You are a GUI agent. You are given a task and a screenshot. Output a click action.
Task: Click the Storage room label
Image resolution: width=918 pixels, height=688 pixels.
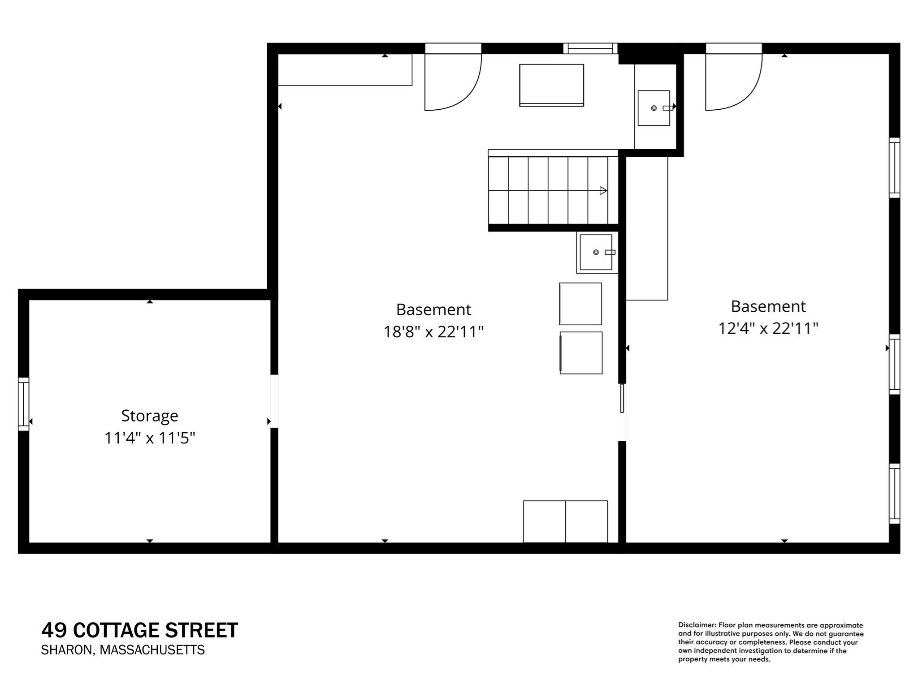(149, 416)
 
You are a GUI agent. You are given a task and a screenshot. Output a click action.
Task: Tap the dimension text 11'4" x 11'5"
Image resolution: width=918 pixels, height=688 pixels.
(150, 438)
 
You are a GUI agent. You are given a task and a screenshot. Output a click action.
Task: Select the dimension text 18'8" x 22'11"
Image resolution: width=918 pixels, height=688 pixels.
(433, 332)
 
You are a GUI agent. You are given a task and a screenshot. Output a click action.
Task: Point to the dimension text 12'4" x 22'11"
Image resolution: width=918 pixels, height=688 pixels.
(768, 328)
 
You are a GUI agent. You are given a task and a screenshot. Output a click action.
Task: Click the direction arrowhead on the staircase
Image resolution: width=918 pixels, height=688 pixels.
(603, 190)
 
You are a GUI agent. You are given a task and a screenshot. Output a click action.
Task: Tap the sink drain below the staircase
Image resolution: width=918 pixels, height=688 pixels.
(596, 252)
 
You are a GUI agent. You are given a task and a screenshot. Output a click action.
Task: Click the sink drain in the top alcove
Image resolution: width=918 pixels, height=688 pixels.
(654, 108)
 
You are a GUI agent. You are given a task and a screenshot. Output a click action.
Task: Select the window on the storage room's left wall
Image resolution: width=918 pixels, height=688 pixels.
(23, 404)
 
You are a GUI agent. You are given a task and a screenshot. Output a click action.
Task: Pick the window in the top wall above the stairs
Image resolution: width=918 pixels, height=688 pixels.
(590, 48)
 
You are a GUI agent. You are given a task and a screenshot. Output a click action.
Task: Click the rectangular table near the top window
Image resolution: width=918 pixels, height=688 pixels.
(551, 85)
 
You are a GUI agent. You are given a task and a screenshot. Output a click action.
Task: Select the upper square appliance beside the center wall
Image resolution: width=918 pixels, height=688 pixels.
(580, 304)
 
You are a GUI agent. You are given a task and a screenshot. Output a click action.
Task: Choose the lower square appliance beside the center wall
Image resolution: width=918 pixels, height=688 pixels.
(581, 353)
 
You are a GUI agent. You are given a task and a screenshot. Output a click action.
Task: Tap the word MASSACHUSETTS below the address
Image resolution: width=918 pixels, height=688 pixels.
(152, 650)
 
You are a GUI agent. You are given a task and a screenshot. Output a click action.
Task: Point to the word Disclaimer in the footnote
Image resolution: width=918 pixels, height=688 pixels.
(697, 625)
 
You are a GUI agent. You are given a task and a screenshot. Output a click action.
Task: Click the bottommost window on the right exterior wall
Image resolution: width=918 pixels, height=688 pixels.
(894, 494)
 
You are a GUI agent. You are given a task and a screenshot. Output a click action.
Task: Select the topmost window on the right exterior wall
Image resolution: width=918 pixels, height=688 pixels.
(894, 167)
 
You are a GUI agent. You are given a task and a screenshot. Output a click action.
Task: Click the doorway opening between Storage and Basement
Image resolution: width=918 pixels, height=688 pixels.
(274, 401)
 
